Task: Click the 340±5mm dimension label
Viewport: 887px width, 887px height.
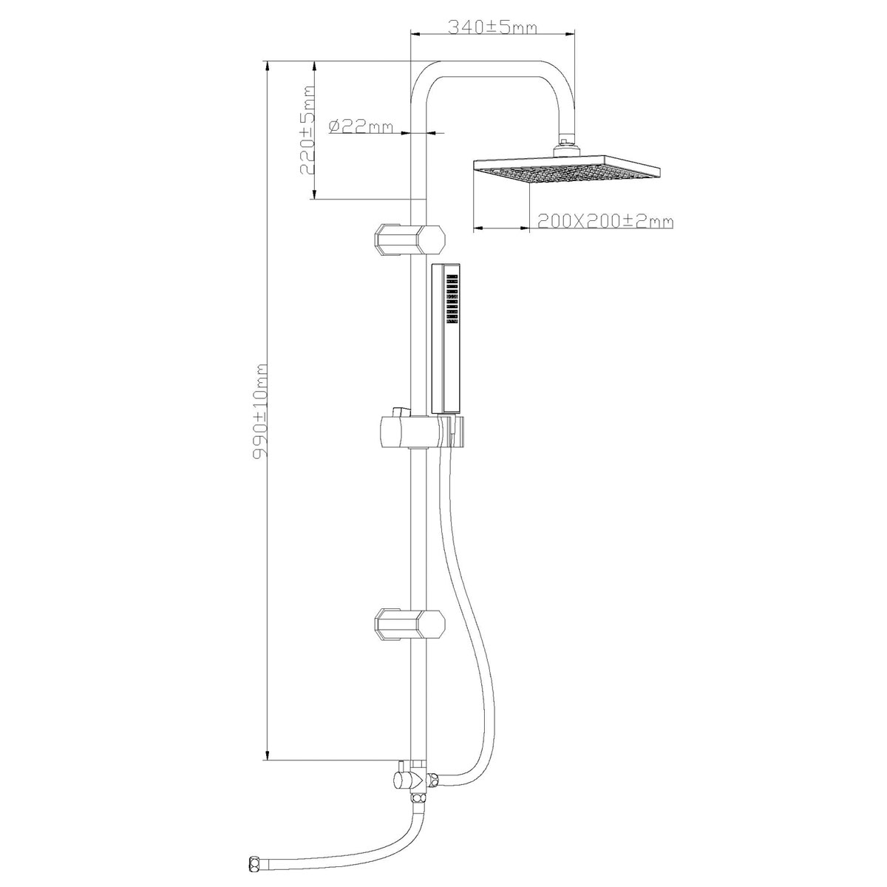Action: click(492, 27)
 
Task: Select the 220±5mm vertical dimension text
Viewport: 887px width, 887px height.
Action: click(307, 130)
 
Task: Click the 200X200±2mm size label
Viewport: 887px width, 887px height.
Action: click(605, 222)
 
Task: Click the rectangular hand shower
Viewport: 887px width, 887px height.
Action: click(446, 339)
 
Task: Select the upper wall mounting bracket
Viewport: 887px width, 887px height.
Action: click(410, 239)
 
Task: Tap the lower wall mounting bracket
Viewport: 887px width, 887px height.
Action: click(410, 624)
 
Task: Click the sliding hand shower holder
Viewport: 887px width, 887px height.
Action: click(421, 432)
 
